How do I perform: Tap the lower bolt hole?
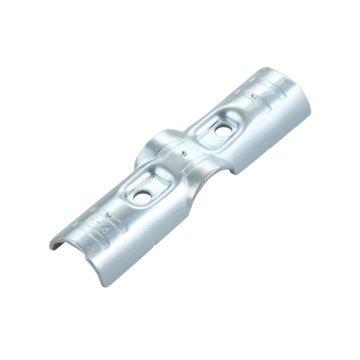141,196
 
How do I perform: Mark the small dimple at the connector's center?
182,154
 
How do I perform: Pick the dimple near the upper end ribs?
251,97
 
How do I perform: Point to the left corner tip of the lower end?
50,247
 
